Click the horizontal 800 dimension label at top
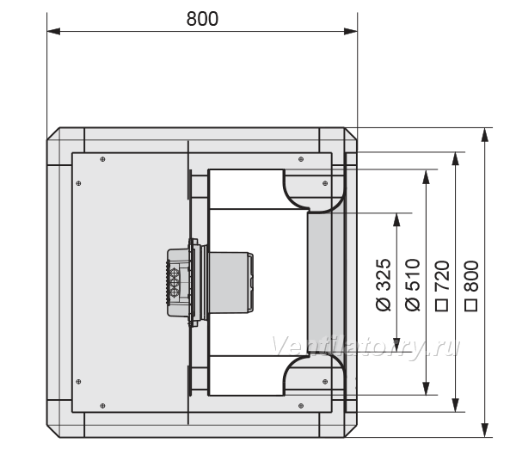[x=202, y=19]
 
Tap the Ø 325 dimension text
[x=384, y=285]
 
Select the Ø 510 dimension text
[x=413, y=285]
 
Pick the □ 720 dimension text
[x=442, y=286]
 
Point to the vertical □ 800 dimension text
[x=471, y=286]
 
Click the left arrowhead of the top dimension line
[x=53, y=32]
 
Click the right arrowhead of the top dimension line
[x=351, y=32]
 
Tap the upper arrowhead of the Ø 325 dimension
[x=396, y=220]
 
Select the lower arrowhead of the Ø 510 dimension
[x=427, y=389]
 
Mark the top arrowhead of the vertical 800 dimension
[x=484, y=135]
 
